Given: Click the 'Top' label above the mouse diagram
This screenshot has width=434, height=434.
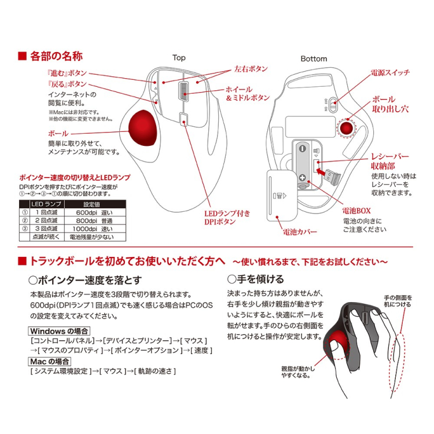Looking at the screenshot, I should click(179, 58).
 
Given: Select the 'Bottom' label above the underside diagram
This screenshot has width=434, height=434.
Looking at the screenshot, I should click(314, 58).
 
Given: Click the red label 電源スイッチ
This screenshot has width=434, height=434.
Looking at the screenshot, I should click(390, 73).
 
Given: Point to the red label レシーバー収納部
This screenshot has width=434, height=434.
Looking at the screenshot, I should click(390, 162).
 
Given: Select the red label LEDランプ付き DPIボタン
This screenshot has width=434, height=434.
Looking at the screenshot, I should click(227, 218).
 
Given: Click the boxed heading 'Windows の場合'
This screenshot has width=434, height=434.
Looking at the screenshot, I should click(59, 331).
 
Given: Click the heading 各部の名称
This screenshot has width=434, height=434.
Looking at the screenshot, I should click(56, 56).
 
